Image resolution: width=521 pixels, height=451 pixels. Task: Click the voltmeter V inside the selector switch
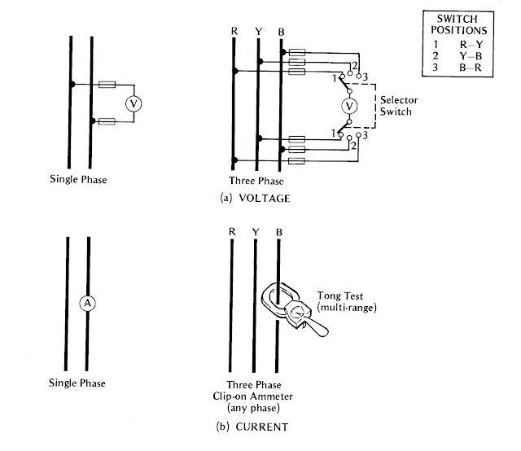pyautogui.click(x=348, y=107)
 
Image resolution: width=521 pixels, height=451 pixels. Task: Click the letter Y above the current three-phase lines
pyautogui.click(x=256, y=231)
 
